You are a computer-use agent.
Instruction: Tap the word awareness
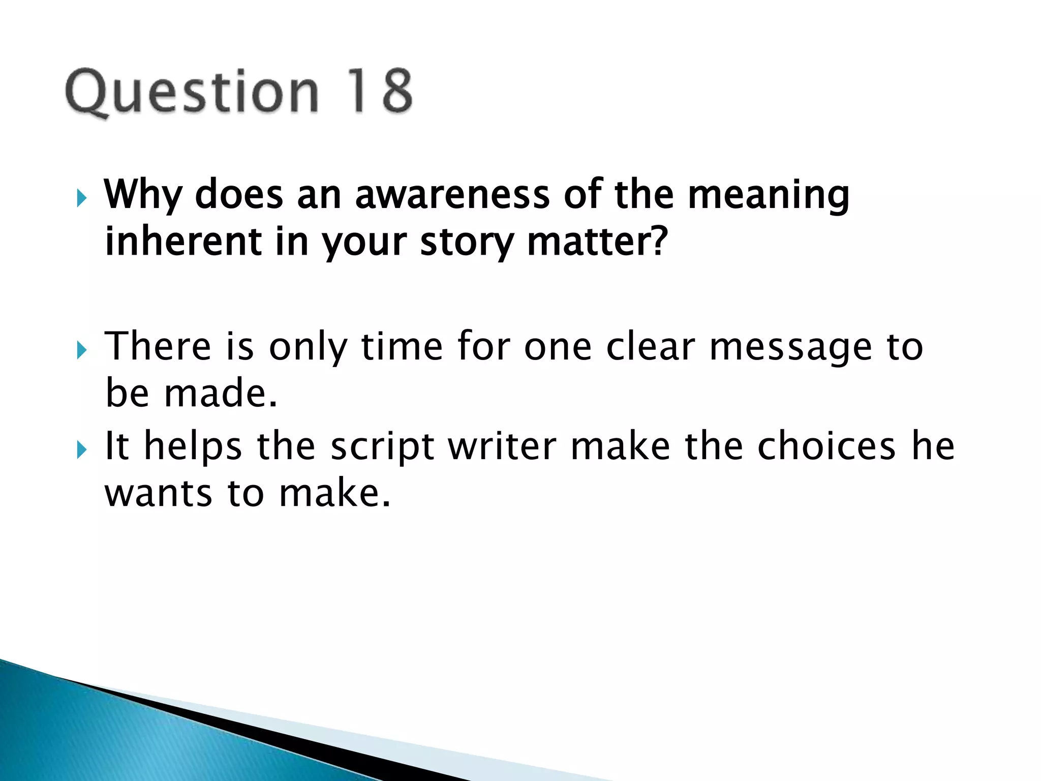click(452, 195)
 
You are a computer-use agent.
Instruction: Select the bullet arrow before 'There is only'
click(81, 350)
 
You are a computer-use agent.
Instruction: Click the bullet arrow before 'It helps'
click(81, 449)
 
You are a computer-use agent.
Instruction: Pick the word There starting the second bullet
click(158, 346)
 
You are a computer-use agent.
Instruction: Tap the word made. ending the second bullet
click(221, 394)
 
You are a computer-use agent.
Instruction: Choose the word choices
click(826, 446)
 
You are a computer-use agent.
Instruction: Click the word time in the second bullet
click(402, 346)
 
